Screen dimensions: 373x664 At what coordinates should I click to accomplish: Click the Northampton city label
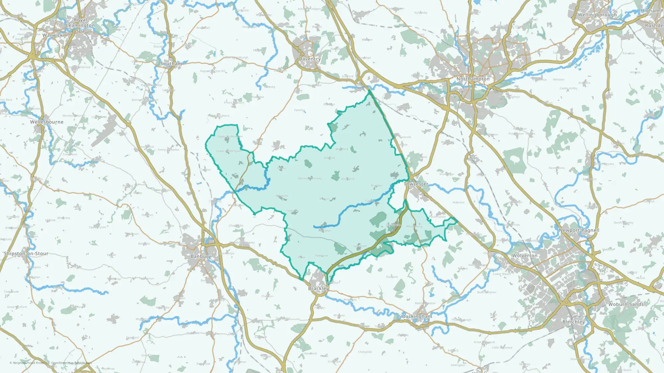point(473,79)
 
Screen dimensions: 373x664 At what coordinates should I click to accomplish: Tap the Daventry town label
point(309,59)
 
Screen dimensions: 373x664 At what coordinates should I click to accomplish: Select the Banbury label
point(201,256)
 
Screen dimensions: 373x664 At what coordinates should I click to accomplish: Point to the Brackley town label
point(318,288)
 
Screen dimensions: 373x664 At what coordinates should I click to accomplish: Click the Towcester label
point(416,184)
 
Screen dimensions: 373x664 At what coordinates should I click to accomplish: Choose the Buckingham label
point(417,316)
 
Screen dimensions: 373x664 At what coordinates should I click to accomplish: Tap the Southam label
point(171,64)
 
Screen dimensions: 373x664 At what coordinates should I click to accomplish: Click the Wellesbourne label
point(47,122)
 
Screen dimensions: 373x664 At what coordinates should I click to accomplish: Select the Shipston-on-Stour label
point(26,254)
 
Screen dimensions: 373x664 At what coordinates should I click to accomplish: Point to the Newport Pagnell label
point(579,230)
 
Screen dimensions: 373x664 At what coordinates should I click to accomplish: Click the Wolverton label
point(525,256)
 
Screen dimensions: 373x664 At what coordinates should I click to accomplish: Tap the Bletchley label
point(574,322)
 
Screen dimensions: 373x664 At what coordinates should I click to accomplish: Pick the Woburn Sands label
point(626,304)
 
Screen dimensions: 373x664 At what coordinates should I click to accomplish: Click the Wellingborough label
point(597,15)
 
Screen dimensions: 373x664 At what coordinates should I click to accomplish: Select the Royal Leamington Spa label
point(80,26)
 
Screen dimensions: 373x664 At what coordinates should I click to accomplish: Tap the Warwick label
point(52,35)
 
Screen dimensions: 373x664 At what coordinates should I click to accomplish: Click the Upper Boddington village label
point(230,136)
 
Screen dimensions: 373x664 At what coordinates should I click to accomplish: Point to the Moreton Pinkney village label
point(310,178)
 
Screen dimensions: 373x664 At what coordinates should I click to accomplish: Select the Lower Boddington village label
point(229,151)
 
